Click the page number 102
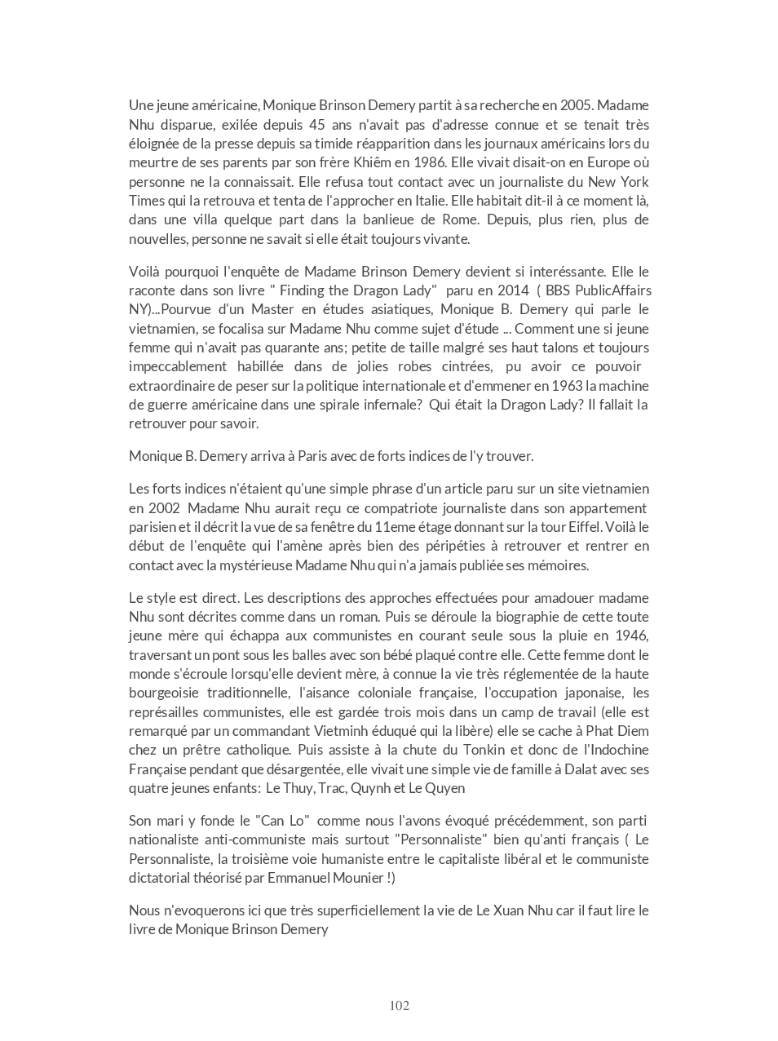400,1006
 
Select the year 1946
633,636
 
